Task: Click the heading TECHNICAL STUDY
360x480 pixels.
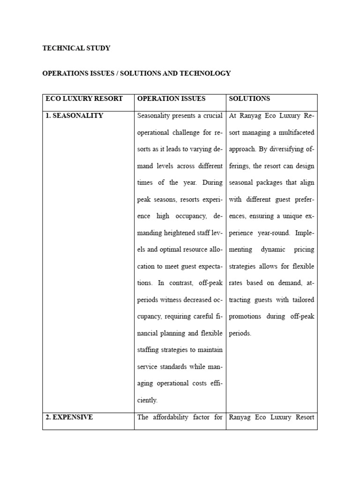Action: [x=76, y=48]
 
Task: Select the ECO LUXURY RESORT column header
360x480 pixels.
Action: [x=84, y=99]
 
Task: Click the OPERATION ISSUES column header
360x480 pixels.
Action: [x=172, y=99]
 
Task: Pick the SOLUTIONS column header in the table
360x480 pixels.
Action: [x=249, y=99]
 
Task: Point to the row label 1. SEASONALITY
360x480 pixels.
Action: [x=74, y=116]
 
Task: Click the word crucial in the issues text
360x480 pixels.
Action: [x=211, y=116]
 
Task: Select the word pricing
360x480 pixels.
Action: [x=304, y=250]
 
